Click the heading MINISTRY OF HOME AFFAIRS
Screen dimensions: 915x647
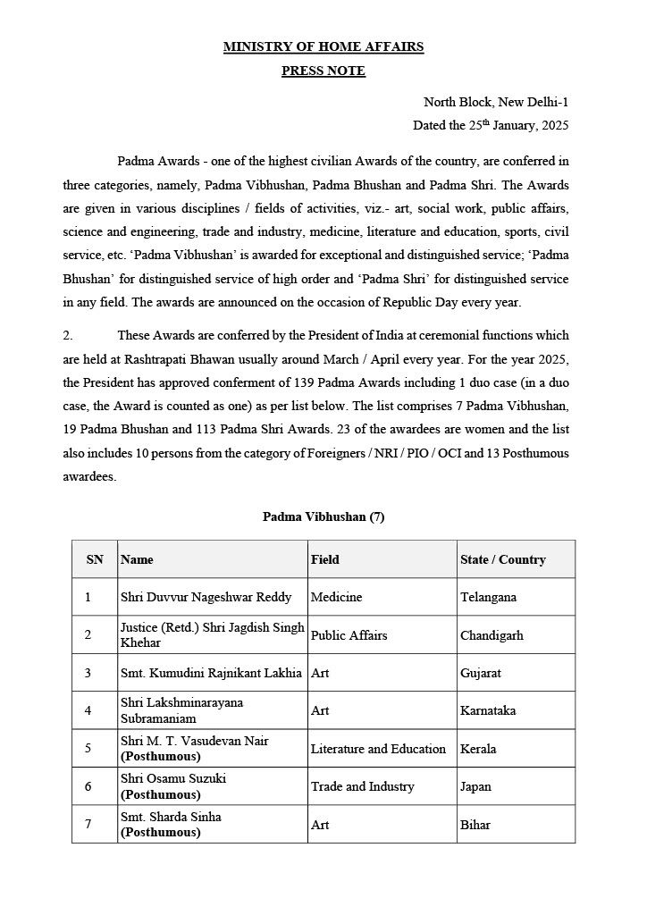coord(323,46)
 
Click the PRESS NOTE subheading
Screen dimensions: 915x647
coord(323,71)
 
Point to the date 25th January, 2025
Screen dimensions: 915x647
coord(491,126)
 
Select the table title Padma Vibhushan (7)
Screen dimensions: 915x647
coord(323,516)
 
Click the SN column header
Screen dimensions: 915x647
coord(95,559)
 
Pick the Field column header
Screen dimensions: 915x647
coord(325,559)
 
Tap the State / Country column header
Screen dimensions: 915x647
coord(502,559)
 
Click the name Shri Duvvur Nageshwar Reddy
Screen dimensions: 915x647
coord(206,597)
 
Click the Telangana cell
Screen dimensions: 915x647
coord(488,597)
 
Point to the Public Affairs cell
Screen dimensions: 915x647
coord(349,635)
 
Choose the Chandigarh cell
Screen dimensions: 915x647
coord(492,635)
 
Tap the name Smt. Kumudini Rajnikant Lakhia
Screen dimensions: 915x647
coord(211,673)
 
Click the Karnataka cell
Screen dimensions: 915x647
coord(488,710)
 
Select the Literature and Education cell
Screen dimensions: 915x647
coord(378,749)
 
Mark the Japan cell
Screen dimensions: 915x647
coord(475,786)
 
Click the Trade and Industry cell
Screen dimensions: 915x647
coord(362,786)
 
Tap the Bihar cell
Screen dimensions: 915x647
coord(475,825)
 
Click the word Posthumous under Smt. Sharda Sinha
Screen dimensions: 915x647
coord(161,832)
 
